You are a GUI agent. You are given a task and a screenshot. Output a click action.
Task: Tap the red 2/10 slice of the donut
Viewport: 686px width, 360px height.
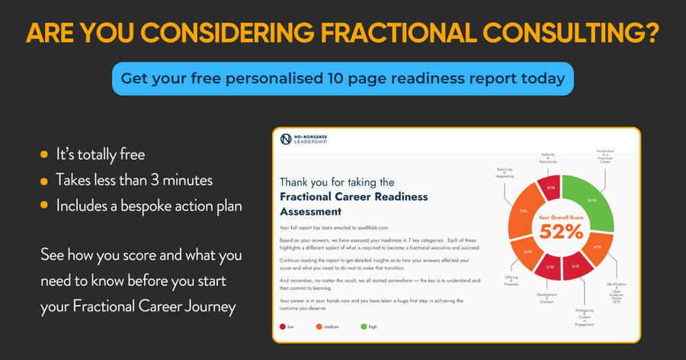(x=550, y=187)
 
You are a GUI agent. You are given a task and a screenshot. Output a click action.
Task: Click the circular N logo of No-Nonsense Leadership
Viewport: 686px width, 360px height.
(x=286, y=139)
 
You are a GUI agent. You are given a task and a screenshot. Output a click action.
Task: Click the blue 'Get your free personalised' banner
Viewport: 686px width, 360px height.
(x=342, y=79)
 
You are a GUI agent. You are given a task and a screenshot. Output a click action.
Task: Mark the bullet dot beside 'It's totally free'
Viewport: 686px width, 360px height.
(x=44, y=155)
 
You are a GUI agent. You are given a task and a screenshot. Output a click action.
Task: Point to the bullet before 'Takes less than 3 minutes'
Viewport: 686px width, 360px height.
(x=44, y=181)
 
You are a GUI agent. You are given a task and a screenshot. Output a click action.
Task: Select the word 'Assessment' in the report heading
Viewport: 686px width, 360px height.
(x=310, y=211)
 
